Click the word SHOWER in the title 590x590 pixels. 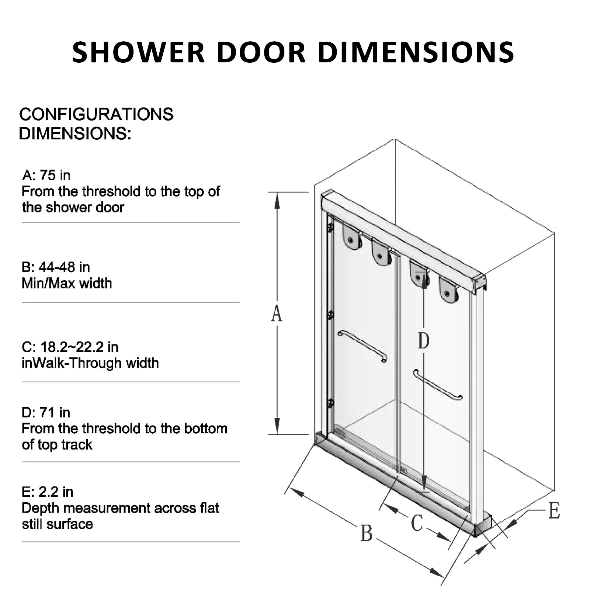click(138, 52)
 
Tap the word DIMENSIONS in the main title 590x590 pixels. click(416, 52)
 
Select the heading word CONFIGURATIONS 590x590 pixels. click(96, 114)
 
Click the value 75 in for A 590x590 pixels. click(55, 176)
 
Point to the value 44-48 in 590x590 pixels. click(64, 267)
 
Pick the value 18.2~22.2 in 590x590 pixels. click(79, 347)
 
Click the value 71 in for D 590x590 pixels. click(55, 412)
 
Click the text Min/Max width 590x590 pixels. click(67, 283)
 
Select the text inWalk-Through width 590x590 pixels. click(90, 363)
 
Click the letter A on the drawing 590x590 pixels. click(277, 314)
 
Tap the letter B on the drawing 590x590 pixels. click(366, 533)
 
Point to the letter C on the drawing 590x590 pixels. click(417, 523)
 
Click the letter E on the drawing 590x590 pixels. click(554, 511)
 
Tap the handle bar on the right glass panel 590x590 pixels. click(438, 385)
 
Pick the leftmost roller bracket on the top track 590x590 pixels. click(351, 238)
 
